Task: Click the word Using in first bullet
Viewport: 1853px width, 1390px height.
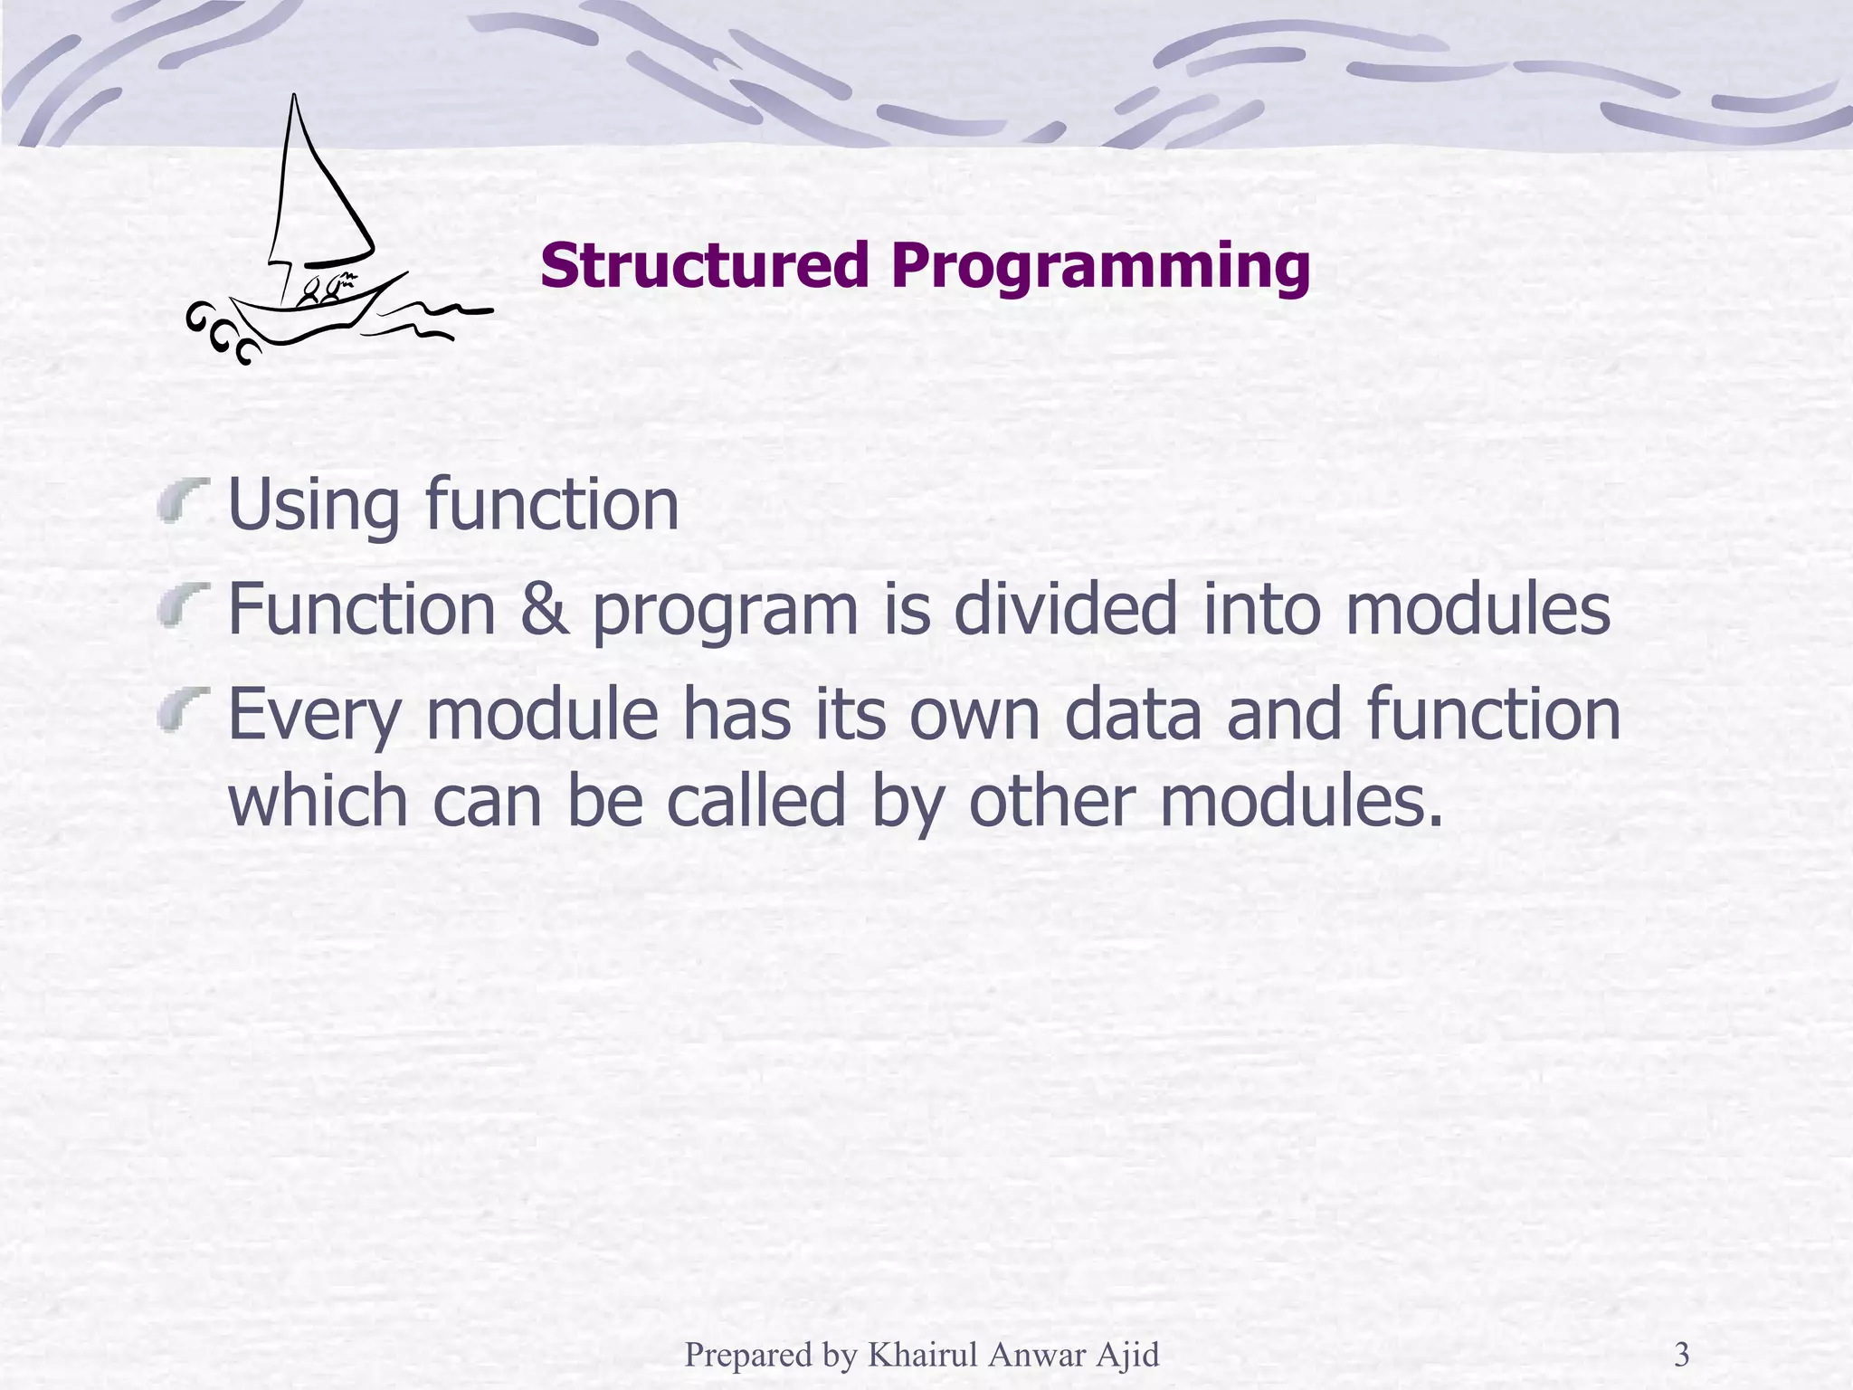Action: coord(312,505)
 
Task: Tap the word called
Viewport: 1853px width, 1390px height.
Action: coord(755,800)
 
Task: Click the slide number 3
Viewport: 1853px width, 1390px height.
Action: coord(1682,1355)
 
